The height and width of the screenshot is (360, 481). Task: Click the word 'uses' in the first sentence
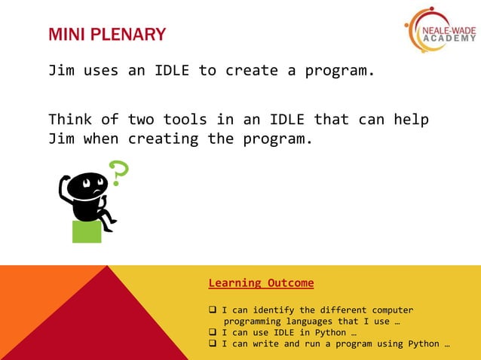(100, 72)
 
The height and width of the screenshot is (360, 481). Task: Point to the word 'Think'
(70, 119)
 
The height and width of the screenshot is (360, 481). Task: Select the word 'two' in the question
(140, 119)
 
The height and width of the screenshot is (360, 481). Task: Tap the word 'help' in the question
(412, 119)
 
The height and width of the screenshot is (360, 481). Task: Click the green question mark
(119, 172)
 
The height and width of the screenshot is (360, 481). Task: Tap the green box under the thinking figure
(87, 231)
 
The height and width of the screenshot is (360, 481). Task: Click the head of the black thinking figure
(82, 185)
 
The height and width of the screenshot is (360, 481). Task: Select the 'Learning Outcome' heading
(261, 283)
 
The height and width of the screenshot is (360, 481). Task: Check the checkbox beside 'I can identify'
(213, 310)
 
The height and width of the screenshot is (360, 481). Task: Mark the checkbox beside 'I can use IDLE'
(213, 333)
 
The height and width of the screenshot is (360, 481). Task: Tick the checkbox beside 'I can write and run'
(213, 344)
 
